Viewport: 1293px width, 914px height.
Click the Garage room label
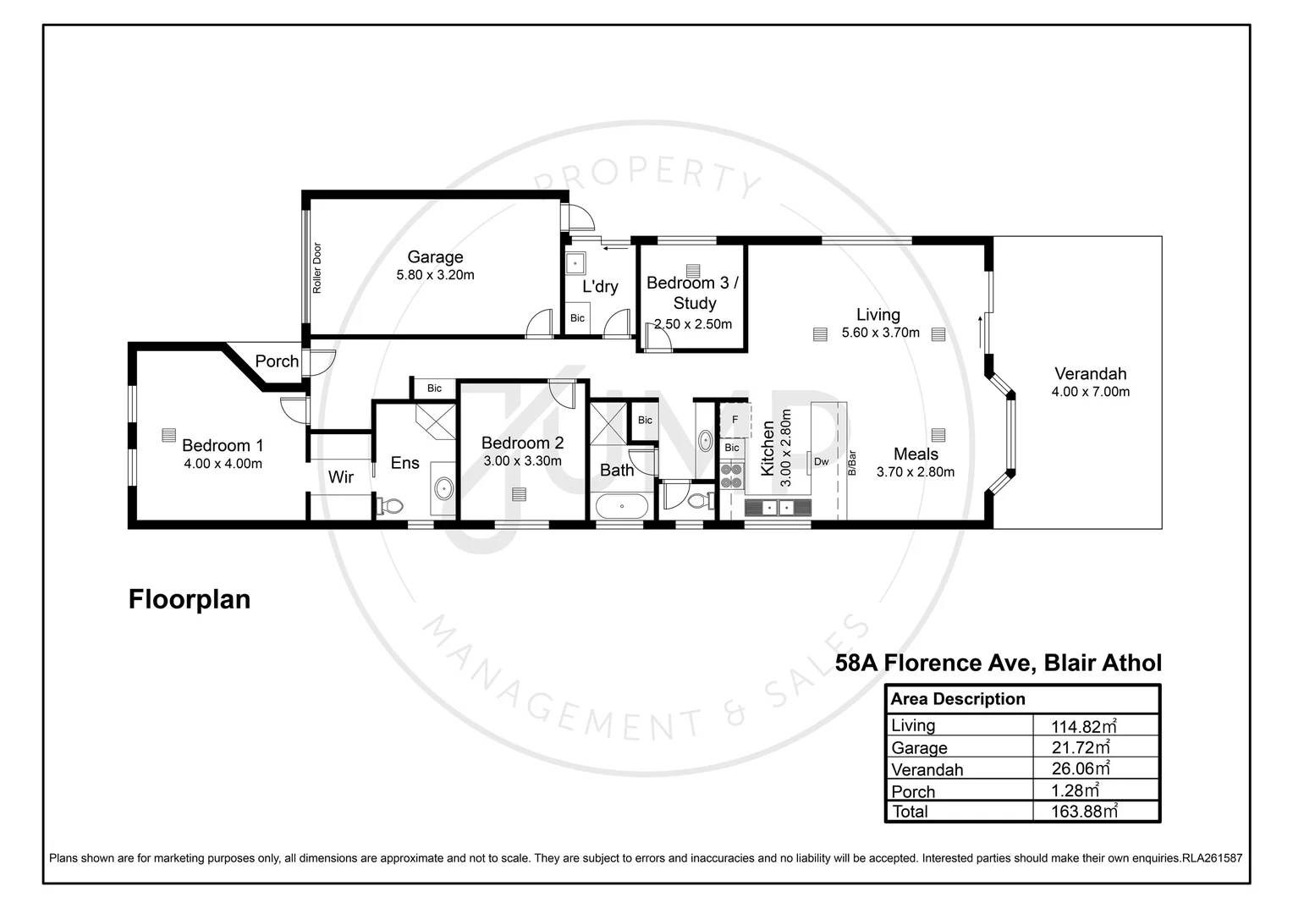[x=435, y=256]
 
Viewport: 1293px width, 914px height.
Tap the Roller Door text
[x=317, y=268]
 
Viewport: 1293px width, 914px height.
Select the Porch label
[x=277, y=361]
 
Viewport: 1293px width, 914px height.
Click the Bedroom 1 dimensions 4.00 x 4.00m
[x=223, y=464]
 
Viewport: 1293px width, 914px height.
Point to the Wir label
[x=341, y=477]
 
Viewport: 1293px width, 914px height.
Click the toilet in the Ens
[x=390, y=505]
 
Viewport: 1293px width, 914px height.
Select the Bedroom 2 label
[x=522, y=443]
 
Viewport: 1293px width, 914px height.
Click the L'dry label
[x=600, y=287]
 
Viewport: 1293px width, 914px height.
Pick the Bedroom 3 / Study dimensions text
[x=693, y=324]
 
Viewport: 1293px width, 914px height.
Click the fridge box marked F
[x=735, y=420]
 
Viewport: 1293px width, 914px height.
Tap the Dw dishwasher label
[x=821, y=461]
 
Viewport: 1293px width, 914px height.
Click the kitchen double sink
[x=778, y=507]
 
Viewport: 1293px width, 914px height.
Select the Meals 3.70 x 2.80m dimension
[x=916, y=472]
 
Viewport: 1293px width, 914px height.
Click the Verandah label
[x=1090, y=373]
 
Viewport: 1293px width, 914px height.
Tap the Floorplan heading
[x=190, y=599]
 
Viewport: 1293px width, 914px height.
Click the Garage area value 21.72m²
[x=1080, y=748]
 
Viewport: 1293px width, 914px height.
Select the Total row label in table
[x=910, y=812]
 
